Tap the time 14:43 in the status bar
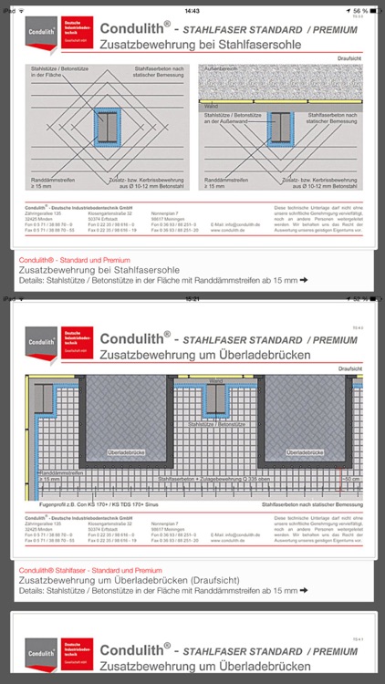(192, 11)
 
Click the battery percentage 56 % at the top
(360, 11)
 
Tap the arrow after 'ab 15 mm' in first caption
(304, 281)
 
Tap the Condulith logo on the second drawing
(39, 343)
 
